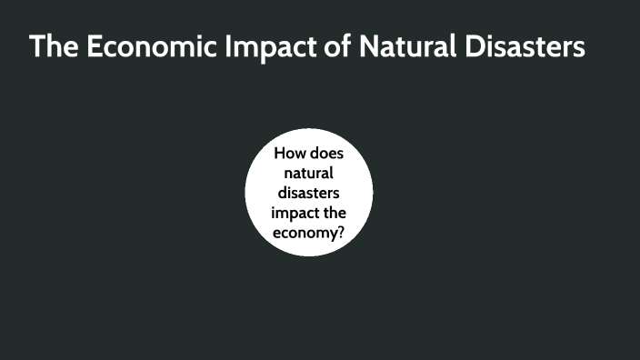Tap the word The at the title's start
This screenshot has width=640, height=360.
point(54,47)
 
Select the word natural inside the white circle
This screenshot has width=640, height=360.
point(309,173)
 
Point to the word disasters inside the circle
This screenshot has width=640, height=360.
point(309,193)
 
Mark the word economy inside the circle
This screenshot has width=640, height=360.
point(305,233)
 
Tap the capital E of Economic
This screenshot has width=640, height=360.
point(95,47)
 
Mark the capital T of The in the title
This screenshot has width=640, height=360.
point(37,47)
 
